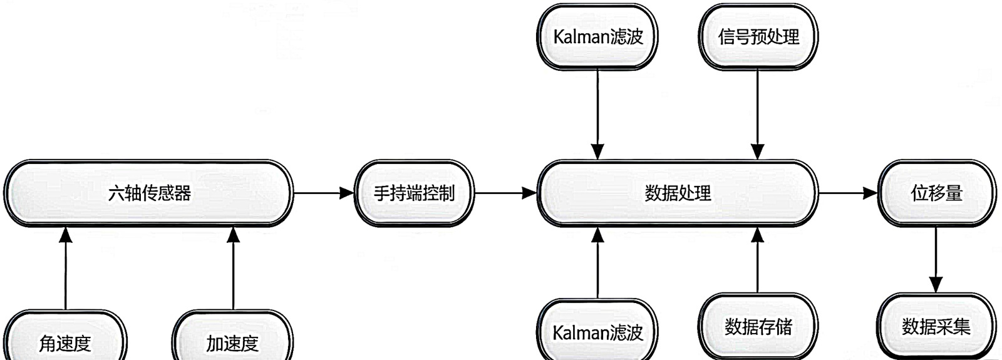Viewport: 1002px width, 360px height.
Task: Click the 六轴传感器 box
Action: (x=149, y=193)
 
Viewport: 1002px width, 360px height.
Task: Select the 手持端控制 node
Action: (x=414, y=193)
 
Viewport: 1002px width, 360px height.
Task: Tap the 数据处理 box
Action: (x=678, y=193)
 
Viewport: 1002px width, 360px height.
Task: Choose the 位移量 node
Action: (x=936, y=193)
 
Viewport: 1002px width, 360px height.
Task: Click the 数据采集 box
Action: (x=936, y=327)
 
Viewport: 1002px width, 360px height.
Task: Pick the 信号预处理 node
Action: (x=758, y=37)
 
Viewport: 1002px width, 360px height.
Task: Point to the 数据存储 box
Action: (x=758, y=327)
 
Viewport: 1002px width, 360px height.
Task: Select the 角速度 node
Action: (x=65, y=342)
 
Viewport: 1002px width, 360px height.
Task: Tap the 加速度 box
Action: (x=232, y=342)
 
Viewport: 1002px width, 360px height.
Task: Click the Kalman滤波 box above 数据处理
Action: (x=598, y=37)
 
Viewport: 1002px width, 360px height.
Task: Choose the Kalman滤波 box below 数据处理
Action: (x=598, y=332)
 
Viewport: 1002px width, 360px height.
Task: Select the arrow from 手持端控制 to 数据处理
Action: (x=506, y=193)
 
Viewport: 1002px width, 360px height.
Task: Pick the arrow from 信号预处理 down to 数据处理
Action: (x=758, y=113)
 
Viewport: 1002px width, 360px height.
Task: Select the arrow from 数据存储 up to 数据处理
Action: (x=758, y=260)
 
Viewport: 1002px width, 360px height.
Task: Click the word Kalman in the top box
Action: (x=576, y=37)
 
